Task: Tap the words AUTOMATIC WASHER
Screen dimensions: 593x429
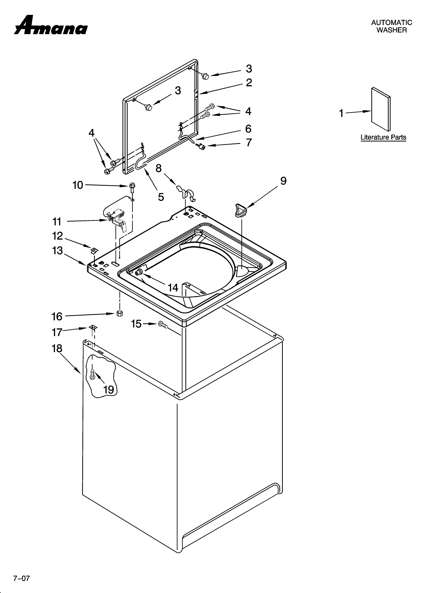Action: point(391,26)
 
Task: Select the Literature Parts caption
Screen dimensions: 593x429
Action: point(383,137)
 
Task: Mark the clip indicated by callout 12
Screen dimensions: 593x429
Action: point(93,250)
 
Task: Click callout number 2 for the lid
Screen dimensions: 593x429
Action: point(249,83)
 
